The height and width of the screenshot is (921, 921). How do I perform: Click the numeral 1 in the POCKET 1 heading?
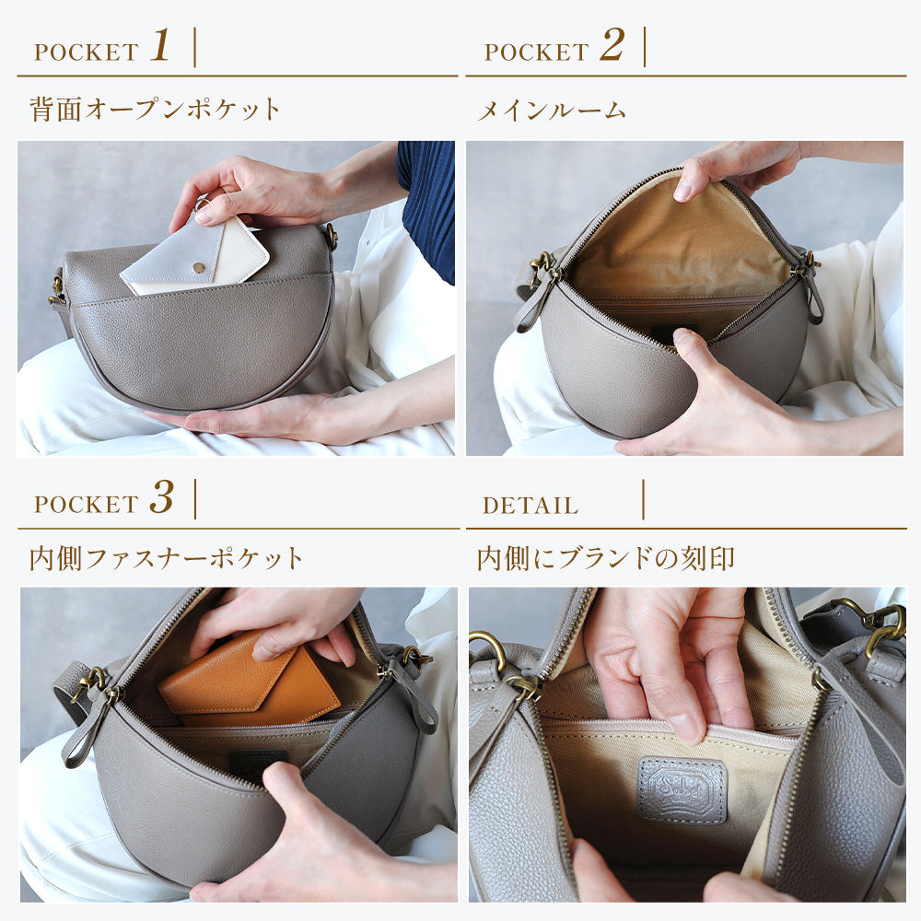click(x=160, y=46)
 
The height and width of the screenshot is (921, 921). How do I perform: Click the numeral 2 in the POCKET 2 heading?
click(x=611, y=46)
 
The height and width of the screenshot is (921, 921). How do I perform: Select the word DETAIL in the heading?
click(x=530, y=506)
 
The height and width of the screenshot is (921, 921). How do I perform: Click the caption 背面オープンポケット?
click(x=155, y=110)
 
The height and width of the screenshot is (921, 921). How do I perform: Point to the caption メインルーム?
click(x=551, y=111)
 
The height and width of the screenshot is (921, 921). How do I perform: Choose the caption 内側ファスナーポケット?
click(x=166, y=558)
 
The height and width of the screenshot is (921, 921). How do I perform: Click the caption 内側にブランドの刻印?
click(x=605, y=558)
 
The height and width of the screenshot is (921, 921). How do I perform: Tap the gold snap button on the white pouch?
click(x=196, y=266)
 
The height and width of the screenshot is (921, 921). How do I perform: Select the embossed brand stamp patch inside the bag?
click(x=682, y=788)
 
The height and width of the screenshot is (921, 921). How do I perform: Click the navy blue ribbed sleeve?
click(x=427, y=203)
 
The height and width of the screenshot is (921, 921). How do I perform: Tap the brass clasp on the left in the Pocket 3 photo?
click(x=95, y=685)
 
